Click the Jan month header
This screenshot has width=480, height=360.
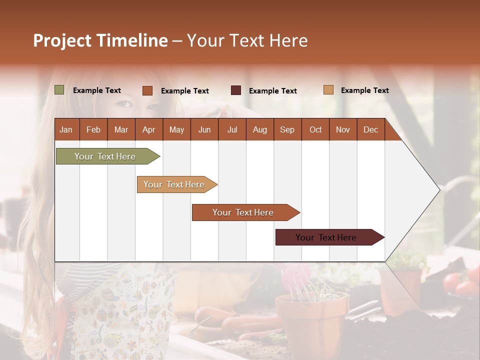66,129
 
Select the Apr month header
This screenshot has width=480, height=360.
148,129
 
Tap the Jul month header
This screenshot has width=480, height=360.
232,129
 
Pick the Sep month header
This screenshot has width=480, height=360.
287,129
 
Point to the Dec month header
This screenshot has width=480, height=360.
370,129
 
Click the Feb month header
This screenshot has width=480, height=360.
93,129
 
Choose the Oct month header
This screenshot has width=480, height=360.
315,129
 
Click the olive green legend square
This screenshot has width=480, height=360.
59,90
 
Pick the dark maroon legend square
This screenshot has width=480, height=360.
236,90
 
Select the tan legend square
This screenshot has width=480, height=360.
328,90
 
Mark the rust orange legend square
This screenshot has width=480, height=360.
147,90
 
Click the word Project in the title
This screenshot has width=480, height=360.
62,40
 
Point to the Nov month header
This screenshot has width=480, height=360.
343,129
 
